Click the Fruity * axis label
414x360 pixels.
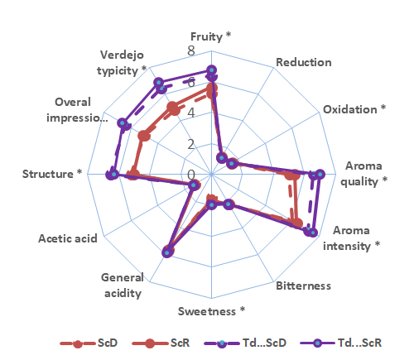coord(211,37)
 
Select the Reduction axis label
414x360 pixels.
coord(303,63)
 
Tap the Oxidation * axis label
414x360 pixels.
coord(354,109)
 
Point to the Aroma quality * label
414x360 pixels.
coord(363,174)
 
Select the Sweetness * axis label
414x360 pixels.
coord(212,311)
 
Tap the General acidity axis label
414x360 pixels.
coord(123,285)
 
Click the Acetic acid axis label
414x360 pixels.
coord(68,238)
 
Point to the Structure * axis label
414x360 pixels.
coord(52,174)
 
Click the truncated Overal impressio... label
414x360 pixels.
coord(81,109)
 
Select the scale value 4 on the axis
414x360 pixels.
coord(191,113)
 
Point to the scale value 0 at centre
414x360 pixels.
coord(191,175)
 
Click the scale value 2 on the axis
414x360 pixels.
coord(191,145)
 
